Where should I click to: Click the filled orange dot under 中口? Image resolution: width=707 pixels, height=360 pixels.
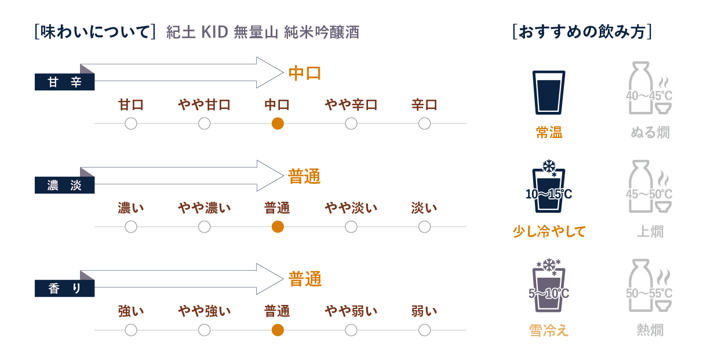pos(278,123)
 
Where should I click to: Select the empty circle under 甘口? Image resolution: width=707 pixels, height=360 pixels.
pos(131,123)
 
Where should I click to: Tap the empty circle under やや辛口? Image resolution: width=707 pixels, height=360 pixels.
pos(351,123)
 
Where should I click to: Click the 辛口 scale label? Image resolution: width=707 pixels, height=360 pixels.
pos(425,105)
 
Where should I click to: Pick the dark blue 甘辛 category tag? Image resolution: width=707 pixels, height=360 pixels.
pos(65,82)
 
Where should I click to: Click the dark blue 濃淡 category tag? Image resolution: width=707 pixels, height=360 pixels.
pos(65,185)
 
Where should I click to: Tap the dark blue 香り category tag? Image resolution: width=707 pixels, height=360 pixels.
pos(65,288)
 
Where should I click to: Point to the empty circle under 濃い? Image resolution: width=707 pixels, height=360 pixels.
pos(131,227)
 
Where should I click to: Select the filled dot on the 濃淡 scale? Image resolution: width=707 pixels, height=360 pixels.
pos(278,227)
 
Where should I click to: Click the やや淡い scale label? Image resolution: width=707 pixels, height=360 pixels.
pos(351,208)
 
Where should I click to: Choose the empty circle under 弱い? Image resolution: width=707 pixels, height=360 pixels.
pos(425,330)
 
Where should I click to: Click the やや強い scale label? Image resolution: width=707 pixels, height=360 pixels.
pos(204,311)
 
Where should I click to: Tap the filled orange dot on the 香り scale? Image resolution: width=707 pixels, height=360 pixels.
pos(278,330)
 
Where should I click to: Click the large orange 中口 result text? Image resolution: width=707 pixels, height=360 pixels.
pos(305,73)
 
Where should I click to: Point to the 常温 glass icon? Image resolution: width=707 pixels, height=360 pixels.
pos(549,92)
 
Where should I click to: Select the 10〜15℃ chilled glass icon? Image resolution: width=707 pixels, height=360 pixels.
pos(549,186)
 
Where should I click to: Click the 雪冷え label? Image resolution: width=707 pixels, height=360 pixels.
pos(549,330)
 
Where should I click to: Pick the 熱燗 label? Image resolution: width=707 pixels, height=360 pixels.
pos(650,330)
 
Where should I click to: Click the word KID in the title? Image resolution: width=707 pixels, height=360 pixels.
pos(214,32)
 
